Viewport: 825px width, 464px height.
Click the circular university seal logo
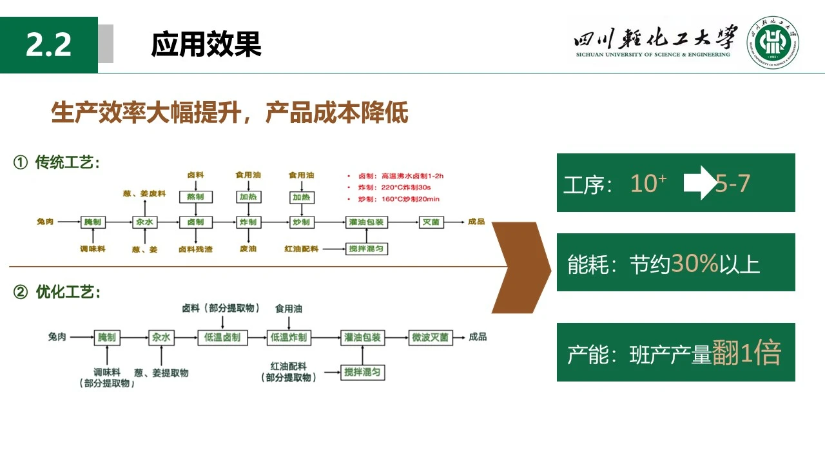pyautogui.click(x=773, y=44)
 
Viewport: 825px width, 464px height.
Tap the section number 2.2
pyautogui.click(x=49, y=45)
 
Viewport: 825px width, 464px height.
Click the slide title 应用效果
pyautogui.click(x=206, y=44)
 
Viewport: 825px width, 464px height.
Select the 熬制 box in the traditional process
pyautogui.click(x=195, y=196)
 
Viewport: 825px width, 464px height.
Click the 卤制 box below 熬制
pyautogui.click(x=195, y=222)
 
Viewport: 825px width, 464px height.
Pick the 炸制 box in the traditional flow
pyautogui.click(x=248, y=222)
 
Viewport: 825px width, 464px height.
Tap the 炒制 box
pyautogui.click(x=301, y=222)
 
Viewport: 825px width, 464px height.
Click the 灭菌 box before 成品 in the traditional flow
pyautogui.click(x=430, y=222)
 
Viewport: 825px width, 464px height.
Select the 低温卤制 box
pyautogui.click(x=222, y=337)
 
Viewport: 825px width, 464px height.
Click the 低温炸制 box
pyautogui.click(x=289, y=337)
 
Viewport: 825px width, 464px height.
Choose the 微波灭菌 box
pyautogui.click(x=431, y=337)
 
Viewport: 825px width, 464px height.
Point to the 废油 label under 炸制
pyautogui.click(x=248, y=249)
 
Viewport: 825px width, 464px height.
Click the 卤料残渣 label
pyautogui.click(x=195, y=249)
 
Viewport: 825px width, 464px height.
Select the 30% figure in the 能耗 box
pyautogui.click(x=695, y=263)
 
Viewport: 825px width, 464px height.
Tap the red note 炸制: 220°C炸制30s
pyautogui.click(x=406, y=187)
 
